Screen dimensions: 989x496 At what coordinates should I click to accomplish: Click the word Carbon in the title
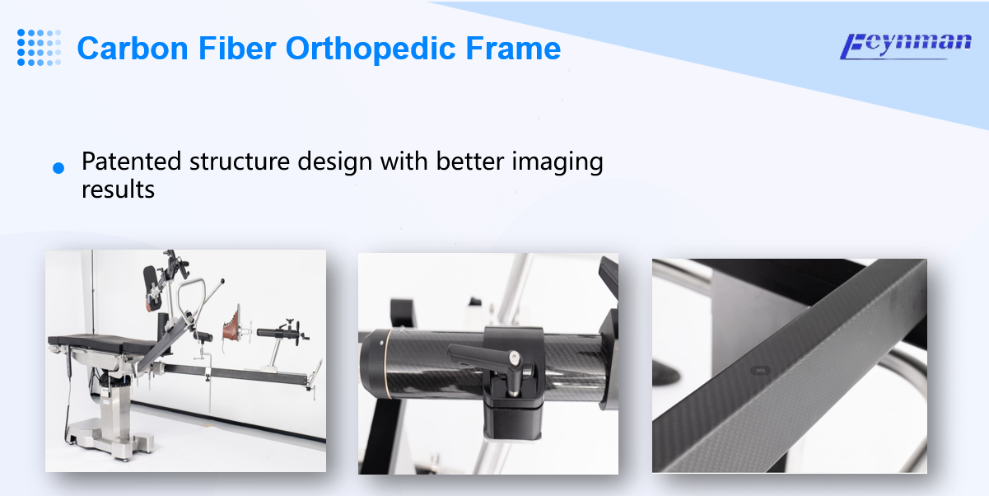[133, 48]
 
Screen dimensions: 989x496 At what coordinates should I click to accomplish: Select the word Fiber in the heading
[237, 48]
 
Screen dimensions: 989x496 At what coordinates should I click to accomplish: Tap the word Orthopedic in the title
[371, 49]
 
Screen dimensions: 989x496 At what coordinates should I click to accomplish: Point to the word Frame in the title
[513, 48]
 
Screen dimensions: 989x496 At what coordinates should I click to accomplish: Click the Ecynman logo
[905, 46]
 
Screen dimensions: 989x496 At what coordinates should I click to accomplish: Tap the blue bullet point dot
[58, 168]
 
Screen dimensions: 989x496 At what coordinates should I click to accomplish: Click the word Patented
[131, 161]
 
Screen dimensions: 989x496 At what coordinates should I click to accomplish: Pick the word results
[118, 190]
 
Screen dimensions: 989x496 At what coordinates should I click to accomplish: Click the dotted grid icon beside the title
[39, 48]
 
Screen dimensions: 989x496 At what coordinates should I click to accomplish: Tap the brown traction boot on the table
[231, 325]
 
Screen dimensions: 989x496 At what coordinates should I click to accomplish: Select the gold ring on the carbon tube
[387, 364]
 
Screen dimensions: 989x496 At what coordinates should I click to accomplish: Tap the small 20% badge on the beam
[760, 371]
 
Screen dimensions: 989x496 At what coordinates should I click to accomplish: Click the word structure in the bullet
[240, 161]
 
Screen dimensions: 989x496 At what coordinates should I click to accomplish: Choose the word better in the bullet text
[469, 161]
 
